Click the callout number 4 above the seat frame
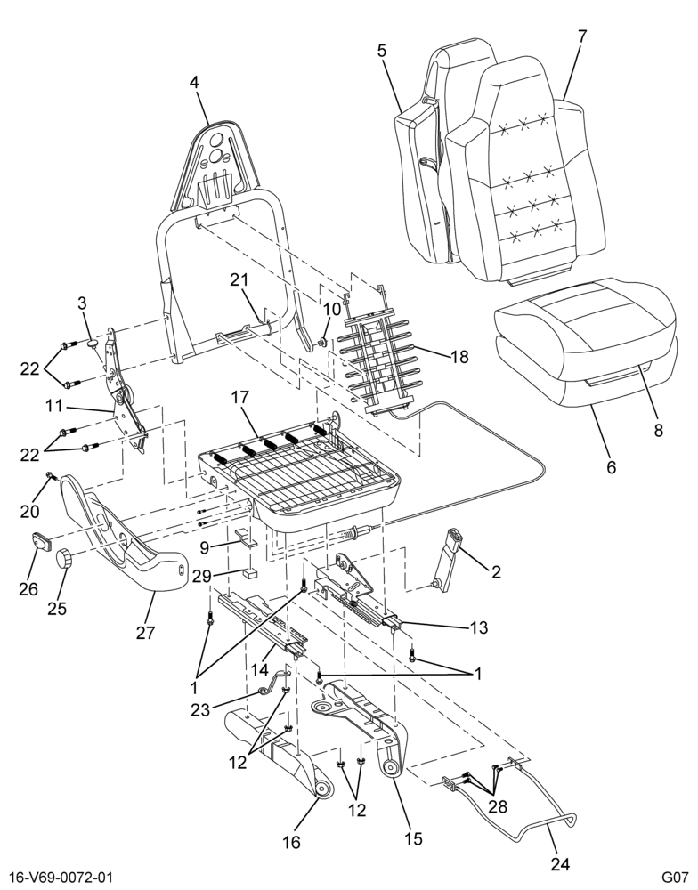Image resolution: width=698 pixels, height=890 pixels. [194, 82]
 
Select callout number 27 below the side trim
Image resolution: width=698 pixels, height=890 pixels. [145, 632]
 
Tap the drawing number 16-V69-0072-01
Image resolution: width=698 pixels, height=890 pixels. [57, 878]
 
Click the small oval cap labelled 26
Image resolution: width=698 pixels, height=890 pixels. [41, 541]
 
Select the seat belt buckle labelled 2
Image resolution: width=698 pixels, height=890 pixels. [449, 559]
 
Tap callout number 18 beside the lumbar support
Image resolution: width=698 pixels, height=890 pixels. [459, 357]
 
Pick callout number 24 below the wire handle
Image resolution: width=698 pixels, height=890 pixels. [559, 863]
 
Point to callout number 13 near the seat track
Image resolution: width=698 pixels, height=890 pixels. [478, 627]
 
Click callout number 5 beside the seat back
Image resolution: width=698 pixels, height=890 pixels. [381, 50]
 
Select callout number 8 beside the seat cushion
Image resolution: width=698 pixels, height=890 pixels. [658, 430]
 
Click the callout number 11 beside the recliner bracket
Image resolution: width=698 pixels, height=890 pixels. [54, 407]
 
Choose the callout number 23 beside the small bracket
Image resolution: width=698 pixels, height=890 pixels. [200, 709]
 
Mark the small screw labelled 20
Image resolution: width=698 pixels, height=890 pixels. [50, 474]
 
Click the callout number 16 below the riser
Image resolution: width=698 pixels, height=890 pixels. [291, 842]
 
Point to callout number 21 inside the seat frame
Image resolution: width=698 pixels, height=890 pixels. [239, 279]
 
